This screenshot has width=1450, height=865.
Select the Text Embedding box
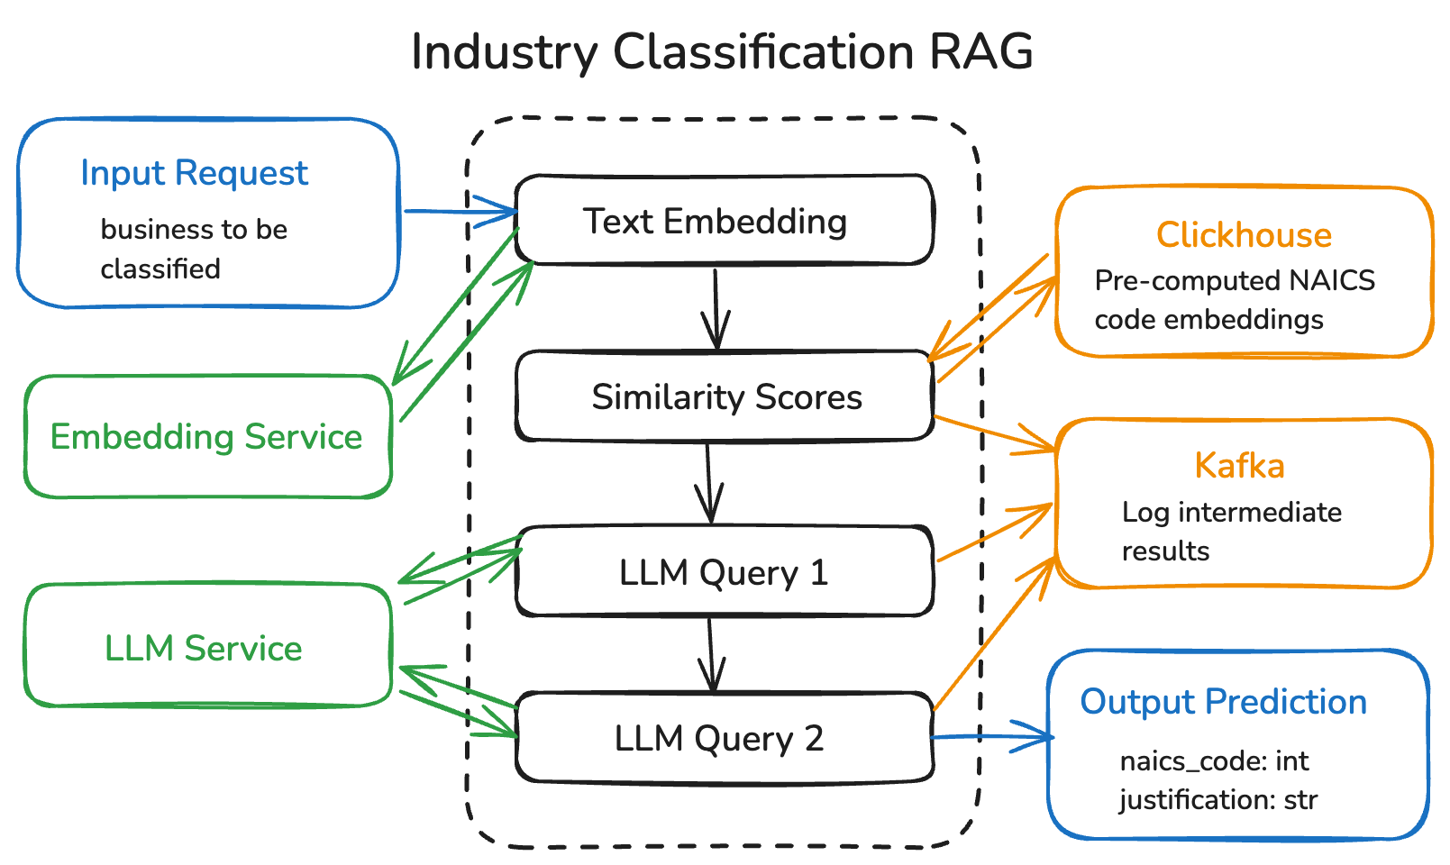[724, 221]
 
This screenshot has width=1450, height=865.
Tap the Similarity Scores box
[725, 396]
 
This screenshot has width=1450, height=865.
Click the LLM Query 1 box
[724, 572]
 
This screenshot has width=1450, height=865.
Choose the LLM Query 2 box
[719, 738]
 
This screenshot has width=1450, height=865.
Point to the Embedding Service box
[206, 437]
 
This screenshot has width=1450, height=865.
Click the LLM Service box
[204, 648]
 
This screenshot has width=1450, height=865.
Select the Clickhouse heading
[1244, 234]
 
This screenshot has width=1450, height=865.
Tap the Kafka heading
[1239, 466]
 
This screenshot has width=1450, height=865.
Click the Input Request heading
[194, 172]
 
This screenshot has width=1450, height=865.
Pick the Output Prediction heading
[1223, 701]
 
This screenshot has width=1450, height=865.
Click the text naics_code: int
[1214, 761]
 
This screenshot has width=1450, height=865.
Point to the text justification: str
[1218, 800]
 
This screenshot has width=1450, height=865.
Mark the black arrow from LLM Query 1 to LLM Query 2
[711, 654]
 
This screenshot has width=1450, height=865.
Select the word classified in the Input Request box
[160, 269]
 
